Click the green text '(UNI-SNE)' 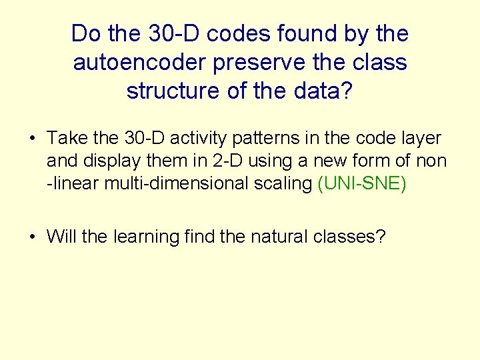pos(362,183)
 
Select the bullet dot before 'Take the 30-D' pos(31,139)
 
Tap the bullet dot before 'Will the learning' pos(31,237)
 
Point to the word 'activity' pos(197,138)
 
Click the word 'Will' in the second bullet pos(61,236)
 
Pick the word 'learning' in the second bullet pos(144,237)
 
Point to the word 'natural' pos(280,236)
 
